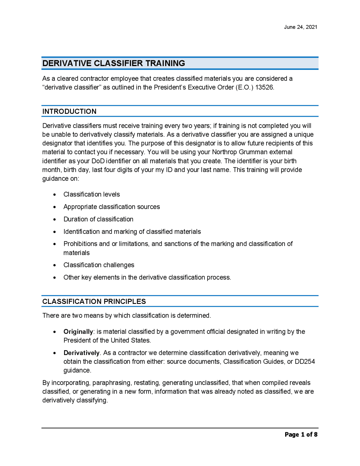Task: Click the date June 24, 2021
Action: (x=300, y=27)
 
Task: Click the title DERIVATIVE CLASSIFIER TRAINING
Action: (x=114, y=63)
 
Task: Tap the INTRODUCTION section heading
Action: (x=69, y=111)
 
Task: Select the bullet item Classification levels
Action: (x=91, y=194)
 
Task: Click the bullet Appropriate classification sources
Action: (x=111, y=207)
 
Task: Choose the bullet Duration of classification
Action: (x=98, y=219)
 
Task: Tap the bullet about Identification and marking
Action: (x=132, y=232)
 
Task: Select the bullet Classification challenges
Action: (x=99, y=265)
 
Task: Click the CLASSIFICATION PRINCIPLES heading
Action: (x=94, y=302)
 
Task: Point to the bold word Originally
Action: (x=78, y=332)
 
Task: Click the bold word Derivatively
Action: (x=81, y=353)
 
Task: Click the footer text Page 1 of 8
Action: (x=301, y=434)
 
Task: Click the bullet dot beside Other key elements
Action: (x=55, y=278)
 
